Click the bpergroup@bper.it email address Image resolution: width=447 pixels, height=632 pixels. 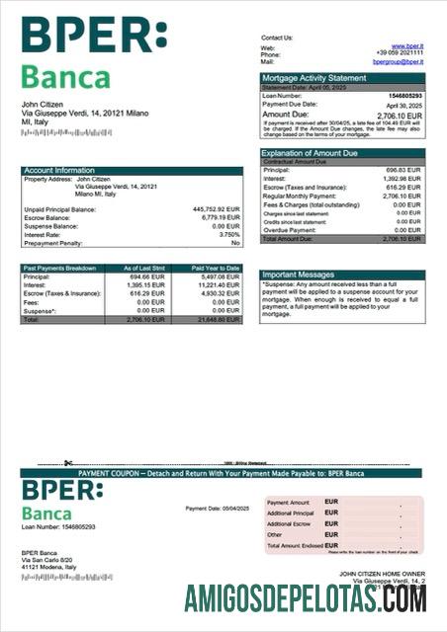click(398, 61)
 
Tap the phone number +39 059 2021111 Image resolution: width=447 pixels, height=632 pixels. click(400, 53)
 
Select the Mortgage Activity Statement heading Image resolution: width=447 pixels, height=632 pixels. click(313, 78)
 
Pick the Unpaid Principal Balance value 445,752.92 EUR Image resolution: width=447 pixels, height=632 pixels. click(217, 209)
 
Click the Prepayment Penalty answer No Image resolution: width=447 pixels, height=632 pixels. click(235, 242)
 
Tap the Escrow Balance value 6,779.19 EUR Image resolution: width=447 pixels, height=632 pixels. click(219, 217)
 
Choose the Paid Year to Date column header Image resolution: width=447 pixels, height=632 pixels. click(216, 269)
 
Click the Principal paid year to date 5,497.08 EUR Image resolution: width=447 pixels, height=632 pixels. click(219, 277)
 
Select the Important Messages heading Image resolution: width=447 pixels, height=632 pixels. click(298, 275)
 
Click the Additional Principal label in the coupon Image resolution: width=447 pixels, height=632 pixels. click(290, 513)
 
